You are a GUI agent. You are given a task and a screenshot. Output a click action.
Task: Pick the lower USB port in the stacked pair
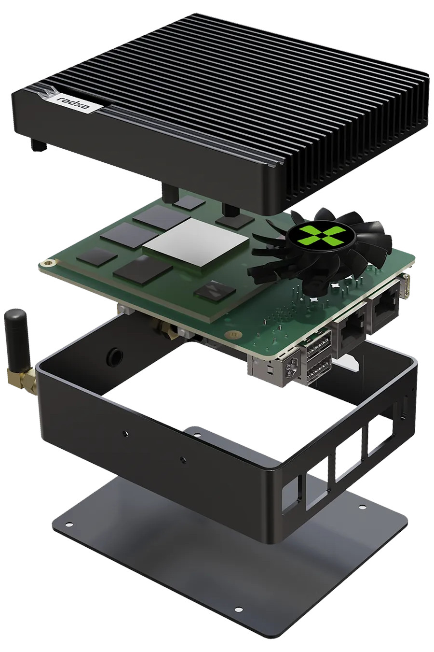tap(318, 370)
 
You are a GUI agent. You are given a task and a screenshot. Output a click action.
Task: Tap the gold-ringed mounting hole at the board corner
tap(48, 263)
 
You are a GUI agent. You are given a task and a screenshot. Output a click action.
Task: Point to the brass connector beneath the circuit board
tap(166, 330)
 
